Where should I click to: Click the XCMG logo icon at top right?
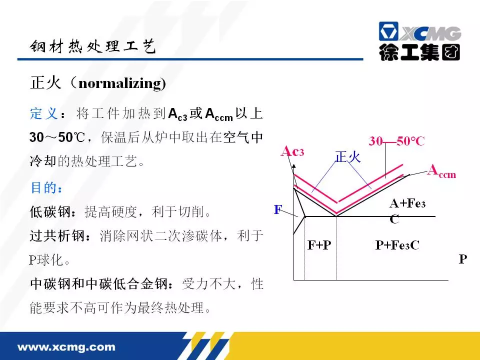[388, 31]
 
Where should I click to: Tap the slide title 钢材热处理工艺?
[93, 46]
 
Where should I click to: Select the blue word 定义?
[44, 113]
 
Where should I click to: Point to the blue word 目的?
[44, 187]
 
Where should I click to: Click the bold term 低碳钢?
[50, 211]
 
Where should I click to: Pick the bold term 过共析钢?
[57, 235]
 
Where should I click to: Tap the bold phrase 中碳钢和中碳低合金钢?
[99, 284]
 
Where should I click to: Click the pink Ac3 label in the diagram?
[292, 151]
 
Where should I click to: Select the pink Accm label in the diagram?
[442, 171]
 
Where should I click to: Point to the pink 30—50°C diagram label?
[396, 141]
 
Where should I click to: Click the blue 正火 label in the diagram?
[348, 156]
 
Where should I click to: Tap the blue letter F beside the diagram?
[278, 209]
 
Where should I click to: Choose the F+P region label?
[319, 245]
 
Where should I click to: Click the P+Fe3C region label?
[397, 245]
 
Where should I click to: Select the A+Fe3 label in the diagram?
[407, 203]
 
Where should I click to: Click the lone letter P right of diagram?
[463, 259]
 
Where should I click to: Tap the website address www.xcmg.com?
[66, 347]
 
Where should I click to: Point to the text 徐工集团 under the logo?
[419, 52]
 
